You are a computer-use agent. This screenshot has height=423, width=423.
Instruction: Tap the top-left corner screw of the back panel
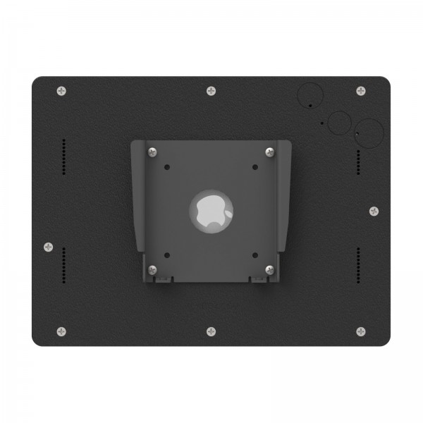pos(61,91)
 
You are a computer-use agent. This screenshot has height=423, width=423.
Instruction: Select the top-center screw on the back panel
pos(211,91)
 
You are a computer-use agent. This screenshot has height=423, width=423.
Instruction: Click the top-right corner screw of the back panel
pos(361,91)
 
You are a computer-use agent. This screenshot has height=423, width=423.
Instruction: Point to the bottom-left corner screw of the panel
pos(61,331)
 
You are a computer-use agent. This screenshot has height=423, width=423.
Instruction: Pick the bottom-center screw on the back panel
pos(211,331)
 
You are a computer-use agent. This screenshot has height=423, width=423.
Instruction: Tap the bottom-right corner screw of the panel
pos(361,331)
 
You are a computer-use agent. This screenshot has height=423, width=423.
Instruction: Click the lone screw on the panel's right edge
pos(374,211)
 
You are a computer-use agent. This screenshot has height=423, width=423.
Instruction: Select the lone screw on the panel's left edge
pos(48,247)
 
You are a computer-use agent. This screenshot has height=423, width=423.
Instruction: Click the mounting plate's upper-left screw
pos(152,152)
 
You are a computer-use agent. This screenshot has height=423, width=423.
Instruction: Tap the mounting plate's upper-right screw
pos(269,152)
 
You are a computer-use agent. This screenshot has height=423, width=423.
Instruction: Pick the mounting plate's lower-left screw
pos(152,269)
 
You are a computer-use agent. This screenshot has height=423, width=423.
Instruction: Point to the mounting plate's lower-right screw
pos(269,269)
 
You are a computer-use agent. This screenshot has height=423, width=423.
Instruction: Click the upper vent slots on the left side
pos(64,157)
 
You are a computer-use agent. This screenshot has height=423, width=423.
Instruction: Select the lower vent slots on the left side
pos(64,266)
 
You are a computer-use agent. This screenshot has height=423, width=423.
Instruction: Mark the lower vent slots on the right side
pos(359,266)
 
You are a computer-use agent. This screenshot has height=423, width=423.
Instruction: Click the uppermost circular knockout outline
pos(309,94)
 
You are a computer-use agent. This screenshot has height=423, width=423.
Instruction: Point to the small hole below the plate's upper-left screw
pos(166,168)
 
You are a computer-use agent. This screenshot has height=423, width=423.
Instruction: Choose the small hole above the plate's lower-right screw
pos(255,255)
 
